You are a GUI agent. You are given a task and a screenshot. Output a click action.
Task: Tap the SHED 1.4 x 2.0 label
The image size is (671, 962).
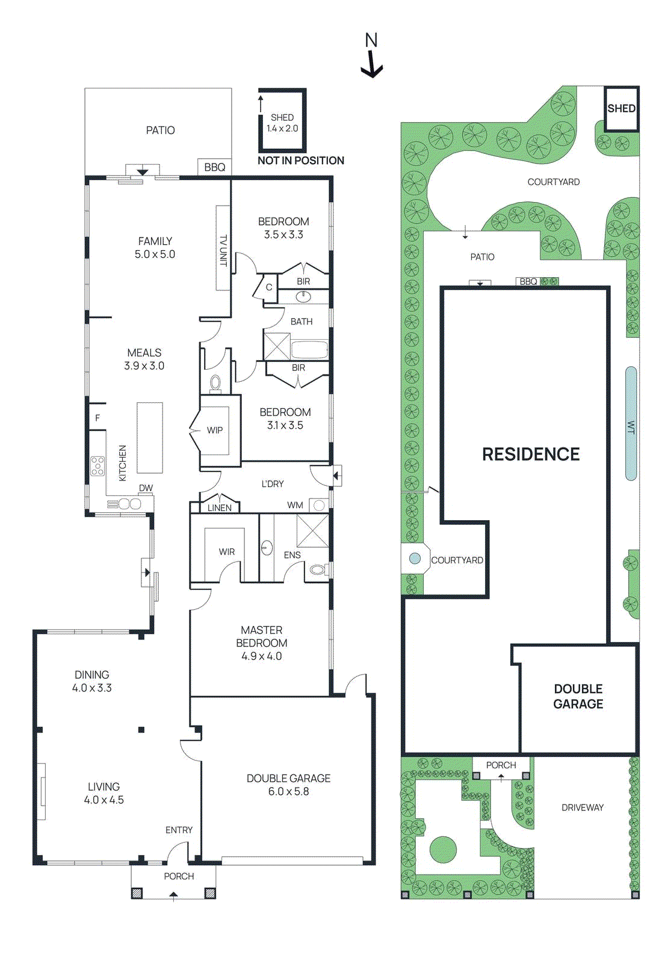pos(282,123)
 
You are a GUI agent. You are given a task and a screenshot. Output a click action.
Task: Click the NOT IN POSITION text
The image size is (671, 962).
pos(301,161)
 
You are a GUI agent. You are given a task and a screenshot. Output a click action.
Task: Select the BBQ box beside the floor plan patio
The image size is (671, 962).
pos(214,167)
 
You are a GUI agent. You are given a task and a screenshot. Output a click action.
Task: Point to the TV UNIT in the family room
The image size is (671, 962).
pos(223,248)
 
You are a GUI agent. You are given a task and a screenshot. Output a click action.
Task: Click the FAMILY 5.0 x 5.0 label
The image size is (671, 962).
pos(155,248)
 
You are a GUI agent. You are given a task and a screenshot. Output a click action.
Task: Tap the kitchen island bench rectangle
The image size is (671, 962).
pos(150,438)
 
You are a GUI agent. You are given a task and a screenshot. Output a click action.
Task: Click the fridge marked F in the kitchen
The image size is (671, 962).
pos(97,417)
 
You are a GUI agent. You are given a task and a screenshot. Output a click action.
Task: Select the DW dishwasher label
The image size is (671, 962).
pos(146,488)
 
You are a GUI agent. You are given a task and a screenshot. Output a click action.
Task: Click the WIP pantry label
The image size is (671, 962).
pos(215,430)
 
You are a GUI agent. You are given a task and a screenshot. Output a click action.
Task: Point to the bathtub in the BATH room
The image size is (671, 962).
pos(309,349)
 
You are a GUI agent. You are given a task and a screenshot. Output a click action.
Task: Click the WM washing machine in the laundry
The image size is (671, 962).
pos(319,505)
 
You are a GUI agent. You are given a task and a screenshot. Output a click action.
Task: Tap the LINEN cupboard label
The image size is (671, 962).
pos(219,507)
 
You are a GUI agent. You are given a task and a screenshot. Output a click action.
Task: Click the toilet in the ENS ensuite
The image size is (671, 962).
pos(318,569)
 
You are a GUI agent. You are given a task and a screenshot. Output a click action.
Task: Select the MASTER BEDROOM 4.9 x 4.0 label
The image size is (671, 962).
pos(261,643)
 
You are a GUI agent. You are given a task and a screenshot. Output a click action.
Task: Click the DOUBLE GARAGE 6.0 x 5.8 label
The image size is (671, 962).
pos(288,785)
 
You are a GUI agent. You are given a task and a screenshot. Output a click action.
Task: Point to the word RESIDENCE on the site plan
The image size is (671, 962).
pos(531,454)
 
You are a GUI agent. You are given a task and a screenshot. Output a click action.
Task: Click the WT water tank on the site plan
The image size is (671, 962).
pos(631,424)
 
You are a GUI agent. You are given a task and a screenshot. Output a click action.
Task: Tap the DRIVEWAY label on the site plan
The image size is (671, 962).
pos(582,807)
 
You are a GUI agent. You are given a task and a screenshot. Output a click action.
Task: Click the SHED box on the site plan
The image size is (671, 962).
pos(621,108)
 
